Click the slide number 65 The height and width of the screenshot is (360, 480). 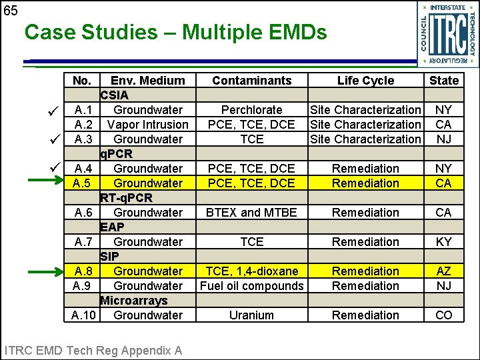(x=10, y=11)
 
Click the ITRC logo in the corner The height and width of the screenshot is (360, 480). (x=447, y=34)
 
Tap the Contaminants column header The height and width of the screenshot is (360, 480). (x=252, y=81)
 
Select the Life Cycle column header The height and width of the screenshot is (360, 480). (x=365, y=81)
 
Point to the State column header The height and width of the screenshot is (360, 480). (x=444, y=81)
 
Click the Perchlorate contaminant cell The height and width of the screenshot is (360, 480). (x=252, y=109)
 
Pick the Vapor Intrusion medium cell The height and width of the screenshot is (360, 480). (x=148, y=124)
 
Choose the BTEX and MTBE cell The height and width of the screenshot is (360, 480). (x=252, y=213)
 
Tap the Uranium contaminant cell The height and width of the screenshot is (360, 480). (x=252, y=315)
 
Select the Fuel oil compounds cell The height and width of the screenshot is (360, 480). (x=252, y=286)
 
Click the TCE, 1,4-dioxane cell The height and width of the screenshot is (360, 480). (x=252, y=271)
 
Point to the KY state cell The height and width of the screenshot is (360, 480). (x=444, y=242)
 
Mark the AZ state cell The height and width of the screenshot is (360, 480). (x=444, y=271)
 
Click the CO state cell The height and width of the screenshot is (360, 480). (x=444, y=315)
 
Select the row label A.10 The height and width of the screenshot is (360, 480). (x=83, y=315)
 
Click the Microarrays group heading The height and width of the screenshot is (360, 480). (x=133, y=301)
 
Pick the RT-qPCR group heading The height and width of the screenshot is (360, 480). (x=127, y=198)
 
